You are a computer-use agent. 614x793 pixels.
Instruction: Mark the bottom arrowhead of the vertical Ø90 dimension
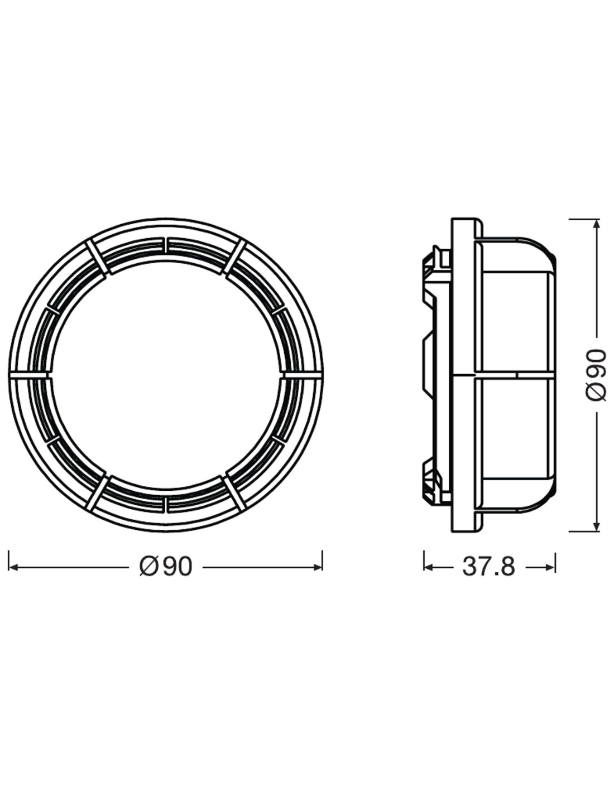tap(597, 526)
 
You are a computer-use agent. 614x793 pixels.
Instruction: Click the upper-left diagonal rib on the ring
tap(97, 257)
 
